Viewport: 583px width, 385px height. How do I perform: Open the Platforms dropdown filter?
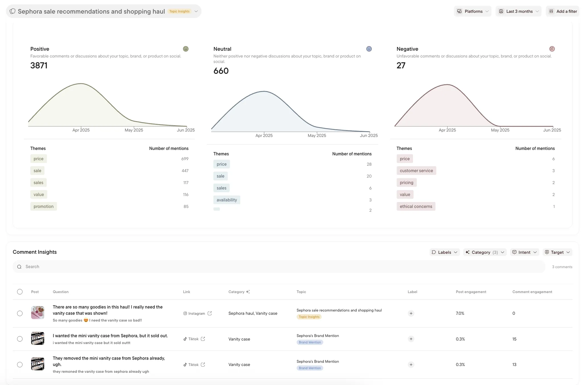point(473,11)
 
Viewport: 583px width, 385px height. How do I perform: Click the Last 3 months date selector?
point(518,11)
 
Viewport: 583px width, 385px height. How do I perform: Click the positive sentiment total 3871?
point(39,65)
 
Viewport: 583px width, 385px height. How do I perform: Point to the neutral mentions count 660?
point(221,71)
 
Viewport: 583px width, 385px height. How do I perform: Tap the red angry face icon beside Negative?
point(552,49)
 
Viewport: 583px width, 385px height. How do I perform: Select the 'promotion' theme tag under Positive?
point(44,206)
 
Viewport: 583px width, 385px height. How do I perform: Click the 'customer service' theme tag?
point(416,171)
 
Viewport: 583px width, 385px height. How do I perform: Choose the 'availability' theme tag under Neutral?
point(227,200)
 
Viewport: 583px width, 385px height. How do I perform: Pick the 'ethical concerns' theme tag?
point(416,206)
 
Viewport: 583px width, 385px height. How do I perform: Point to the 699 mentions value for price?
point(185,159)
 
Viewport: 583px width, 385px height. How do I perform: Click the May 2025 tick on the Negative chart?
point(500,130)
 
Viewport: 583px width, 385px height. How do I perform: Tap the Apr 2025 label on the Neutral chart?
point(264,135)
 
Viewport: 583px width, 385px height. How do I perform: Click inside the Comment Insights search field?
point(279,267)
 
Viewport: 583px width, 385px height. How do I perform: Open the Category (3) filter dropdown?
point(485,252)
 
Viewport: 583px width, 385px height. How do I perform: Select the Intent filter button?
point(524,252)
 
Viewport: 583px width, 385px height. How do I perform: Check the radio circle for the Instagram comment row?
point(20,313)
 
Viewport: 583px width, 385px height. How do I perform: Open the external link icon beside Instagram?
point(210,313)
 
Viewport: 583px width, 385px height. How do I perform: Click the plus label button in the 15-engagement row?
point(411,339)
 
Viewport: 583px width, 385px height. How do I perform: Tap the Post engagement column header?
point(471,292)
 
